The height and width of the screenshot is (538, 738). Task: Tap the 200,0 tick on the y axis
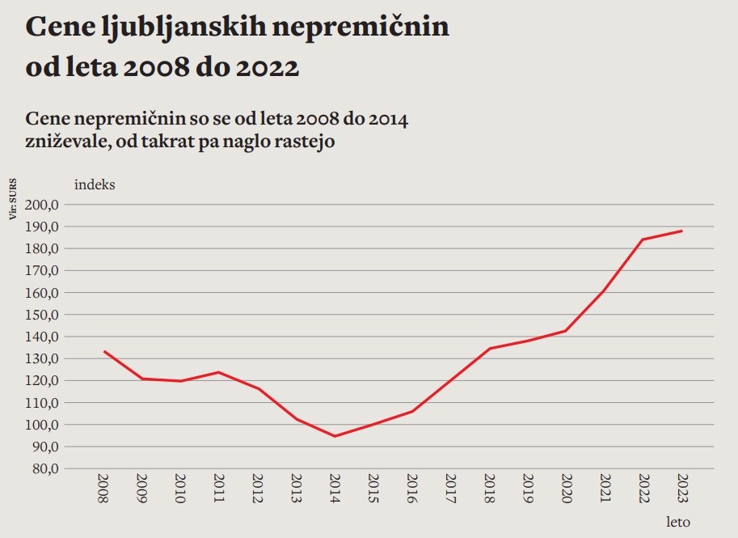pos(42,205)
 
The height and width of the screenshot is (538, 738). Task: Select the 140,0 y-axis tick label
pos(42,337)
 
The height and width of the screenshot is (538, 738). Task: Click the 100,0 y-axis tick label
pos(42,425)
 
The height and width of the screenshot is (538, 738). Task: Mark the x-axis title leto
pos(678,522)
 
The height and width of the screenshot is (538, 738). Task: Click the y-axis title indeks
pos(95,184)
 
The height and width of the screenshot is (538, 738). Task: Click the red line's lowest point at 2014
pos(335,436)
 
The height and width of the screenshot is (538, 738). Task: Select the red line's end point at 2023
pos(682,231)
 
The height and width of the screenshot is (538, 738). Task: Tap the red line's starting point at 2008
pos(103,351)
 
